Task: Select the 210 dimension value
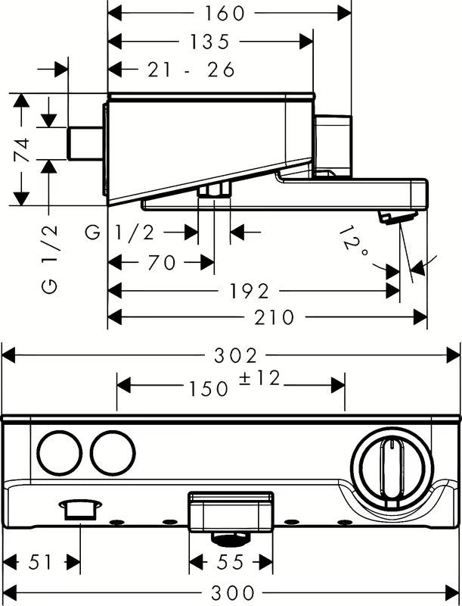click(275, 317)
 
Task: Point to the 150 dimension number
click(209, 387)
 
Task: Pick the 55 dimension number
click(230, 562)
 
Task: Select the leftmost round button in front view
click(59, 453)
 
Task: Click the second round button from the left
click(113, 453)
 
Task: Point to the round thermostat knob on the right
click(392, 463)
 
